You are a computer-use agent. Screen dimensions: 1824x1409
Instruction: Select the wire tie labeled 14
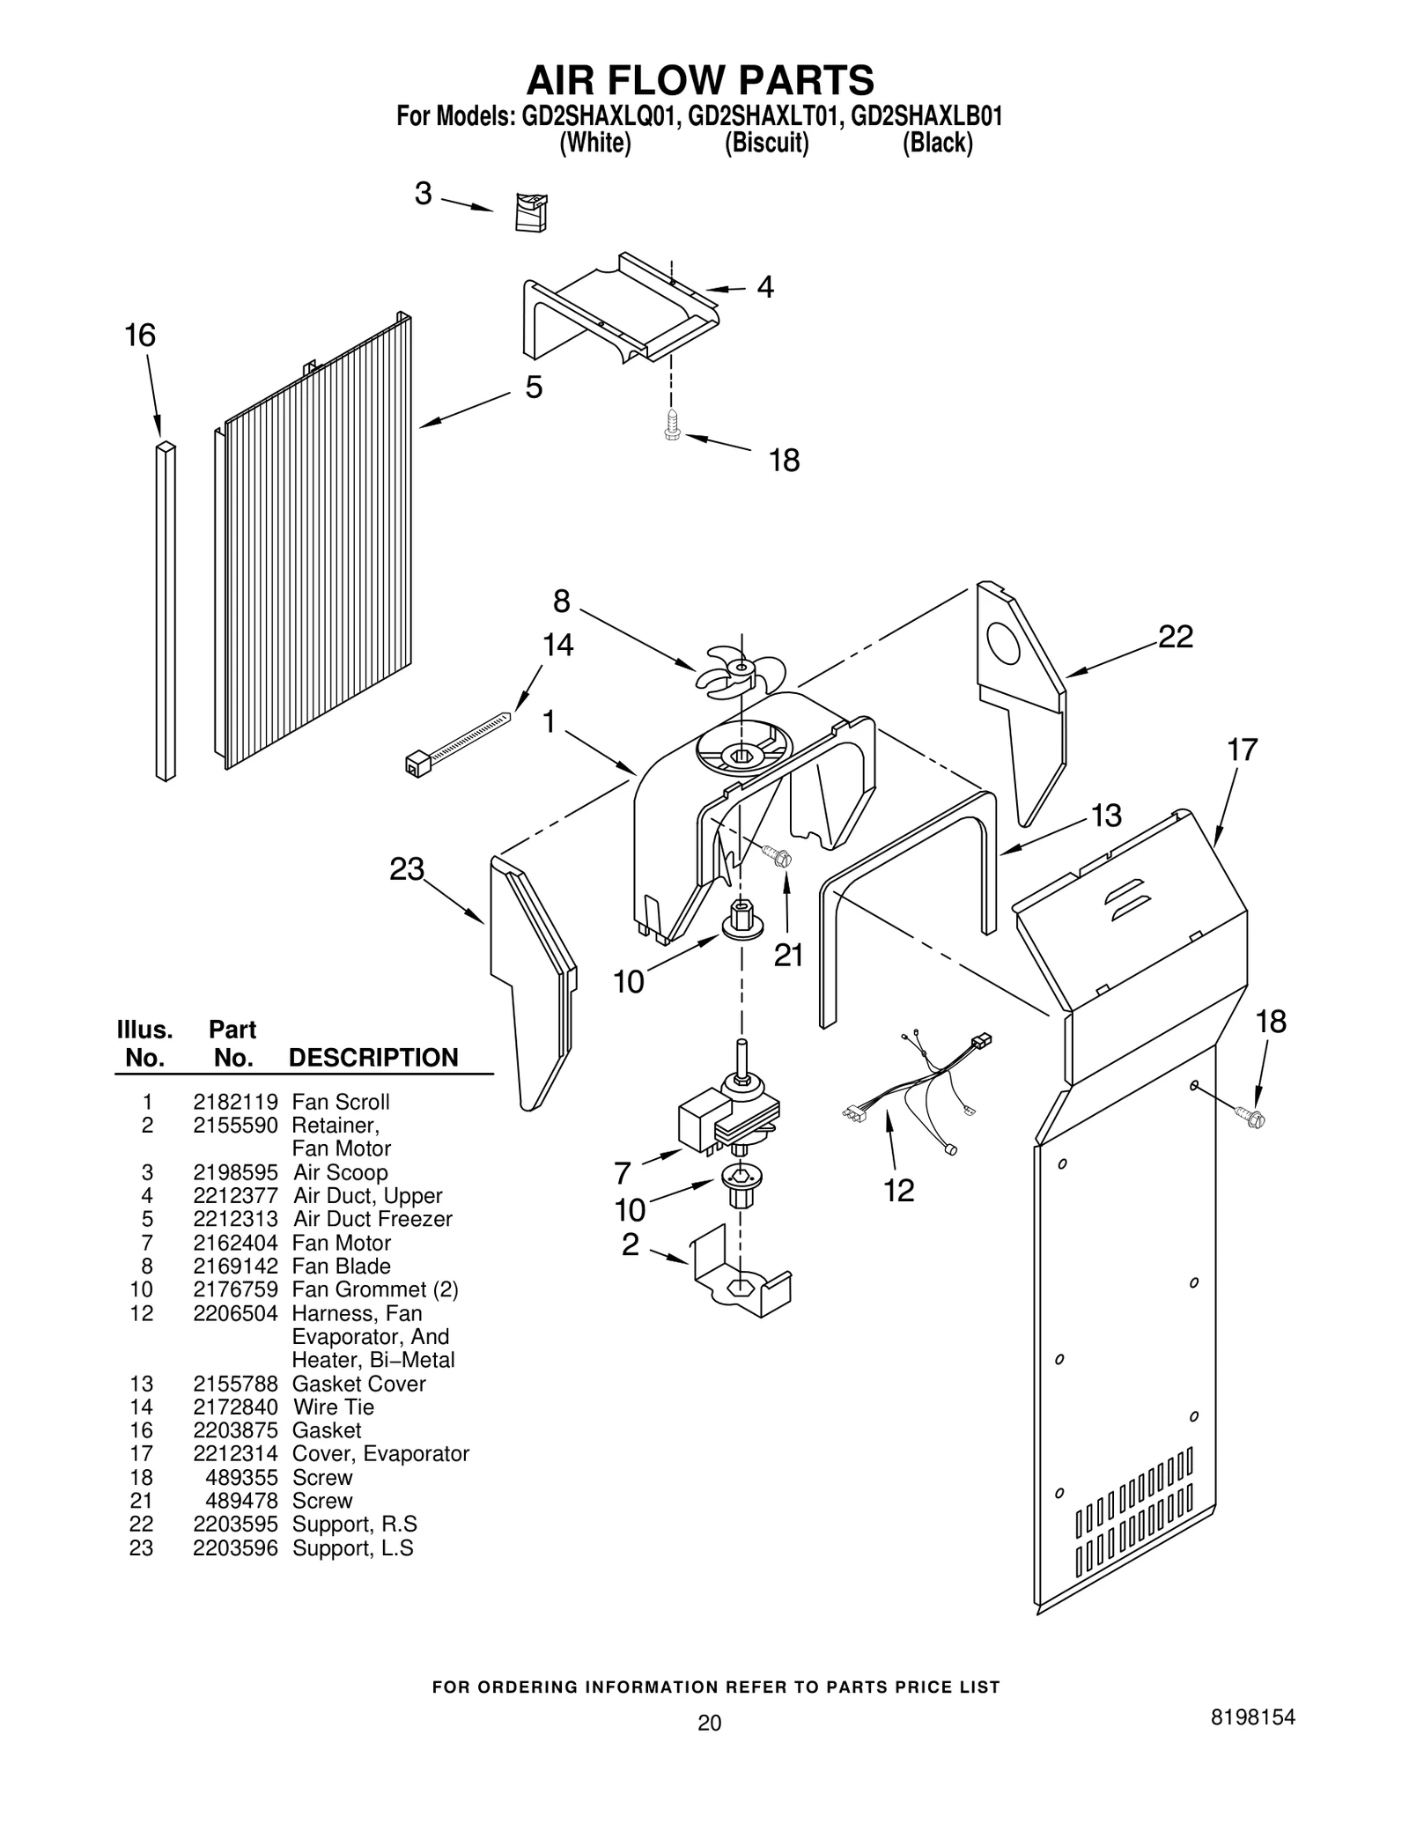pyautogui.click(x=458, y=741)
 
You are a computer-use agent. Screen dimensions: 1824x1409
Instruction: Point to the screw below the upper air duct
pyautogui.click(x=672, y=425)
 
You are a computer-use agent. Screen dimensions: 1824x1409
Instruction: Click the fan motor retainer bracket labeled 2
pyautogui.click(x=740, y=1278)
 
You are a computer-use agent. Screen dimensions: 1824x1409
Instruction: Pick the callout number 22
pyautogui.click(x=1175, y=637)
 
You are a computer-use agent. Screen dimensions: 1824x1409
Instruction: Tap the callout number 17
pyautogui.click(x=1242, y=750)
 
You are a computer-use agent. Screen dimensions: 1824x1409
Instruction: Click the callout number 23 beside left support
pyautogui.click(x=407, y=870)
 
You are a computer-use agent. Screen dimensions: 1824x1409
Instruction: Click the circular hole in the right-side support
pyautogui.click(x=1003, y=644)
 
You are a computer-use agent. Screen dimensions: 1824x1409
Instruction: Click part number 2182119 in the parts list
pyautogui.click(x=235, y=1102)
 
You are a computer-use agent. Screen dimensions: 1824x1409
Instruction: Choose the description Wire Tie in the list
pyautogui.click(x=333, y=1407)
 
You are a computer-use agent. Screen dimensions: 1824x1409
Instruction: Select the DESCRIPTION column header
pyautogui.click(x=373, y=1058)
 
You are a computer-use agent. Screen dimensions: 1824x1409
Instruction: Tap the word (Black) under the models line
pyautogui.click(x=937, y=143)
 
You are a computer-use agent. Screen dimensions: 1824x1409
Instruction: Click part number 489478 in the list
pyautogui.click(x=241, y=1501)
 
